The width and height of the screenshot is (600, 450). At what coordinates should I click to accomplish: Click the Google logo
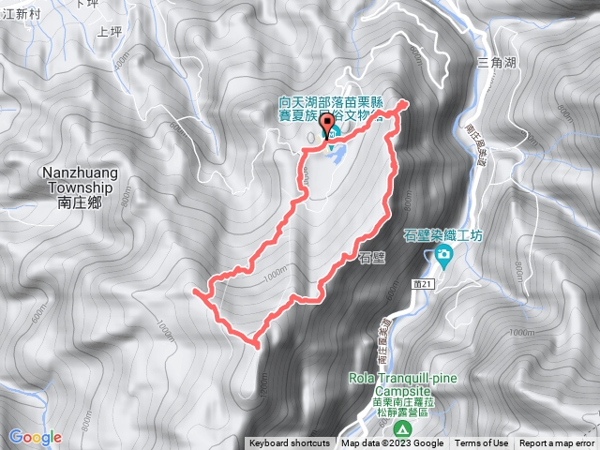coord(36,437)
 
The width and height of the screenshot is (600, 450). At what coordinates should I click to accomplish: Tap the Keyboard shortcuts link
coord(289,443)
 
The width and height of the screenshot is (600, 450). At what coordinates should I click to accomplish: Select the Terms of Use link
coord(482,443)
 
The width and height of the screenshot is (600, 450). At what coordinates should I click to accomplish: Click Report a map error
coord(557,443)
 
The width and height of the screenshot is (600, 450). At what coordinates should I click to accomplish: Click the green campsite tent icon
coord(401,429)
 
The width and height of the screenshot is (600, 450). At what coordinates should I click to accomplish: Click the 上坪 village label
coord(110,31)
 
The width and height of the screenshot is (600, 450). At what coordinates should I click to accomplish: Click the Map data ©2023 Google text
coord(393,443)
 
